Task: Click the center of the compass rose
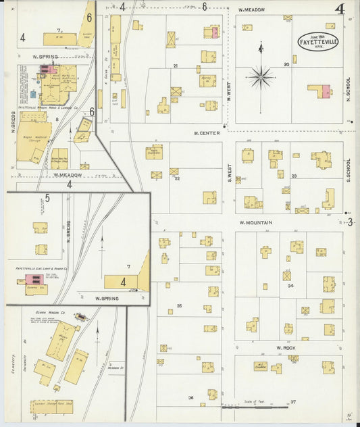point(260,76)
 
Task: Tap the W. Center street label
point(207,133)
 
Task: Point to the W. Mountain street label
point(255,222)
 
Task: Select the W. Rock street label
point(282,348)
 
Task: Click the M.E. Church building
point(261,368)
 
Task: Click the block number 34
point(290,286)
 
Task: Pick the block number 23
point(294,176)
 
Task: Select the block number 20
point(286,64)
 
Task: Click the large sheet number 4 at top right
point(339,9)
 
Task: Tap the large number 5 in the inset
point(47,198)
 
